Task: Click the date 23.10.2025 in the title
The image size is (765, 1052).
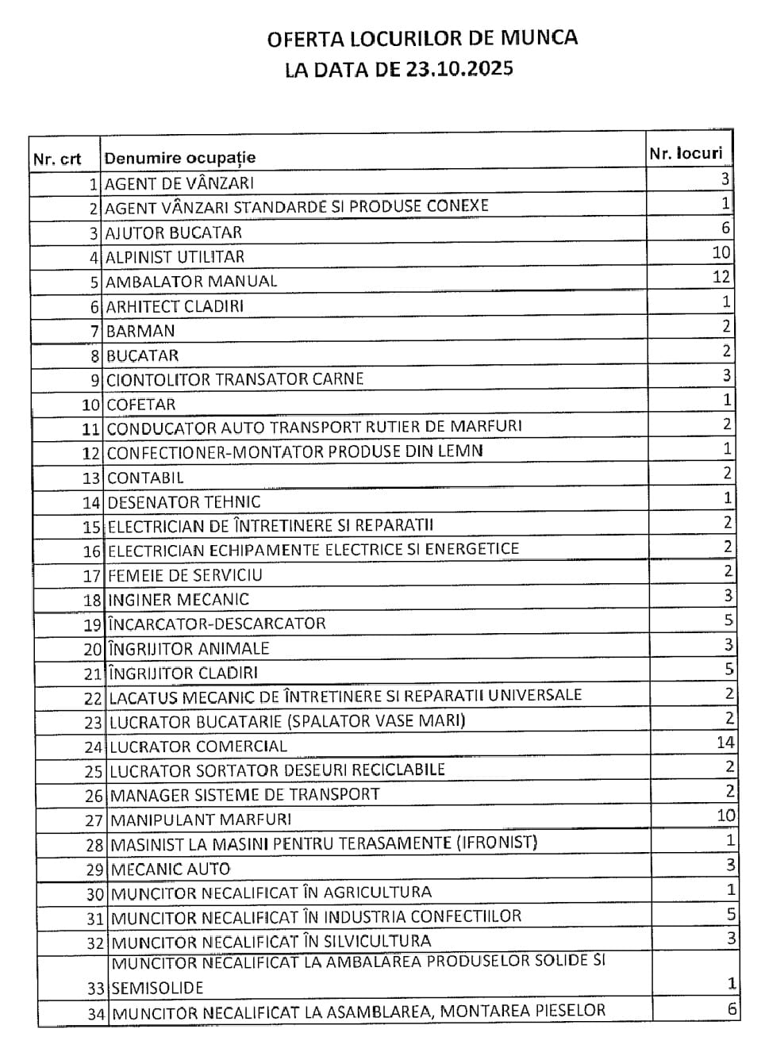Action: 460,69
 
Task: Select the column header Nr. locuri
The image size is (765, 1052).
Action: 686,153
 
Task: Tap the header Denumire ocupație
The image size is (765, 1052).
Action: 180,158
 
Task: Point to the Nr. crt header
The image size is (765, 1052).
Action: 57,159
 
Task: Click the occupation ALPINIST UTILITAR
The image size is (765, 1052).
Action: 175,257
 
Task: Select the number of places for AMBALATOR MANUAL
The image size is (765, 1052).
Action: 721,277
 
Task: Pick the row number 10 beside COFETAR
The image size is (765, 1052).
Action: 91,405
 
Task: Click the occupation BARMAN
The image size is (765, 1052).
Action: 140,331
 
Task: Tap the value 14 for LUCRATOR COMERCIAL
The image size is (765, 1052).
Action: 725,743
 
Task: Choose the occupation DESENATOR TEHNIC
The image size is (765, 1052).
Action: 183,502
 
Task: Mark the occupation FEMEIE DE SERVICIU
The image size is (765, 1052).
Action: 185,575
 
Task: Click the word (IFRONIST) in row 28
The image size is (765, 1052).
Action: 498,842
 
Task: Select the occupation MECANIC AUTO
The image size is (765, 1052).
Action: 171,869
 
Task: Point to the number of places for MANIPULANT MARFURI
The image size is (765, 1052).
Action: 725,815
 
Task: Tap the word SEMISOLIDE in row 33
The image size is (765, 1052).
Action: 157,989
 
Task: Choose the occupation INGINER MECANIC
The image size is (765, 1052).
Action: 179,600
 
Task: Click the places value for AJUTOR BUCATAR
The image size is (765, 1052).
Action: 725,228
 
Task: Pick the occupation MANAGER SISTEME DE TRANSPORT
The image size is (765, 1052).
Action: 244,795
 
